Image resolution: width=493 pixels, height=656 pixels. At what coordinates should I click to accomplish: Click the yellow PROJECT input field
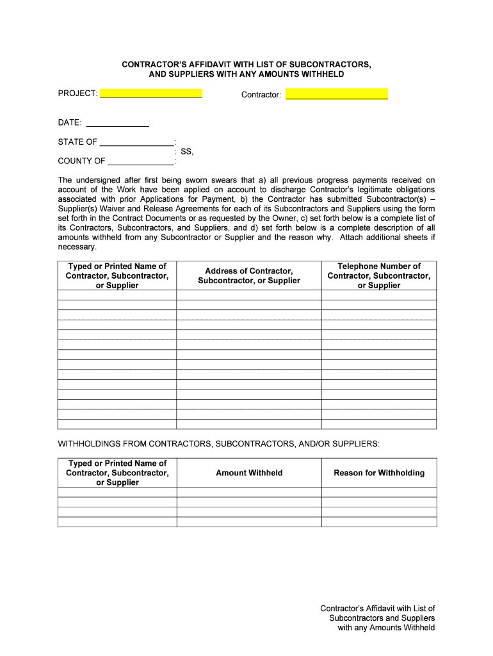[x=151, y=94]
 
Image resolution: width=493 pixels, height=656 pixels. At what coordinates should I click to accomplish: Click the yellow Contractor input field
[x=336, y=94]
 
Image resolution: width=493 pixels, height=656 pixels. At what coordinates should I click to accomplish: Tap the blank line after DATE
[x=117, y=122]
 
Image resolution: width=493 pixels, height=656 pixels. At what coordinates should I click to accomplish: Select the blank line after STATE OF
[x=136, y=142]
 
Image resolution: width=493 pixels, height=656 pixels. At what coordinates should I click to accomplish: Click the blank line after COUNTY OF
[x=141, y=161]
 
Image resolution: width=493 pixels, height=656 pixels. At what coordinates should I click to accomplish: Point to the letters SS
[x=186, y=152]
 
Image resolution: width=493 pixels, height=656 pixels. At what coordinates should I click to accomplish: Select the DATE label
[x=69, y=122]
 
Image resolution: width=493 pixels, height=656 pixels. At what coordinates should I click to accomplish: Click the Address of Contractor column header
[x=248, y=275]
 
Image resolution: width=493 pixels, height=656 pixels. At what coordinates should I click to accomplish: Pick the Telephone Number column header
[x=379, y=275]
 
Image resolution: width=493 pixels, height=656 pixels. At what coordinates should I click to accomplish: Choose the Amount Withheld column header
[x=248, y=473]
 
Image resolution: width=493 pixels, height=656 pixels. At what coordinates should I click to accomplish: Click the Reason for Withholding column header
[x=379, y=473]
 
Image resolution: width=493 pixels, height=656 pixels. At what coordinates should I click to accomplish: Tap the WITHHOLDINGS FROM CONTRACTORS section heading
[x=218, y=443]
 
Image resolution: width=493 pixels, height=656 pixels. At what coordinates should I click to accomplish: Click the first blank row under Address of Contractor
[x=248, y=295]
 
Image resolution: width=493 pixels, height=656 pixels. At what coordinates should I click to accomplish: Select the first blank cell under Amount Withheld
[x=248, y=492]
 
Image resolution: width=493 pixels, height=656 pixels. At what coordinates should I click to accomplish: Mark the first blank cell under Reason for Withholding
[x=379, y=492]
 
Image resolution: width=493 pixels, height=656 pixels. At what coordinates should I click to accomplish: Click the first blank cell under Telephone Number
[x=379, y=295]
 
